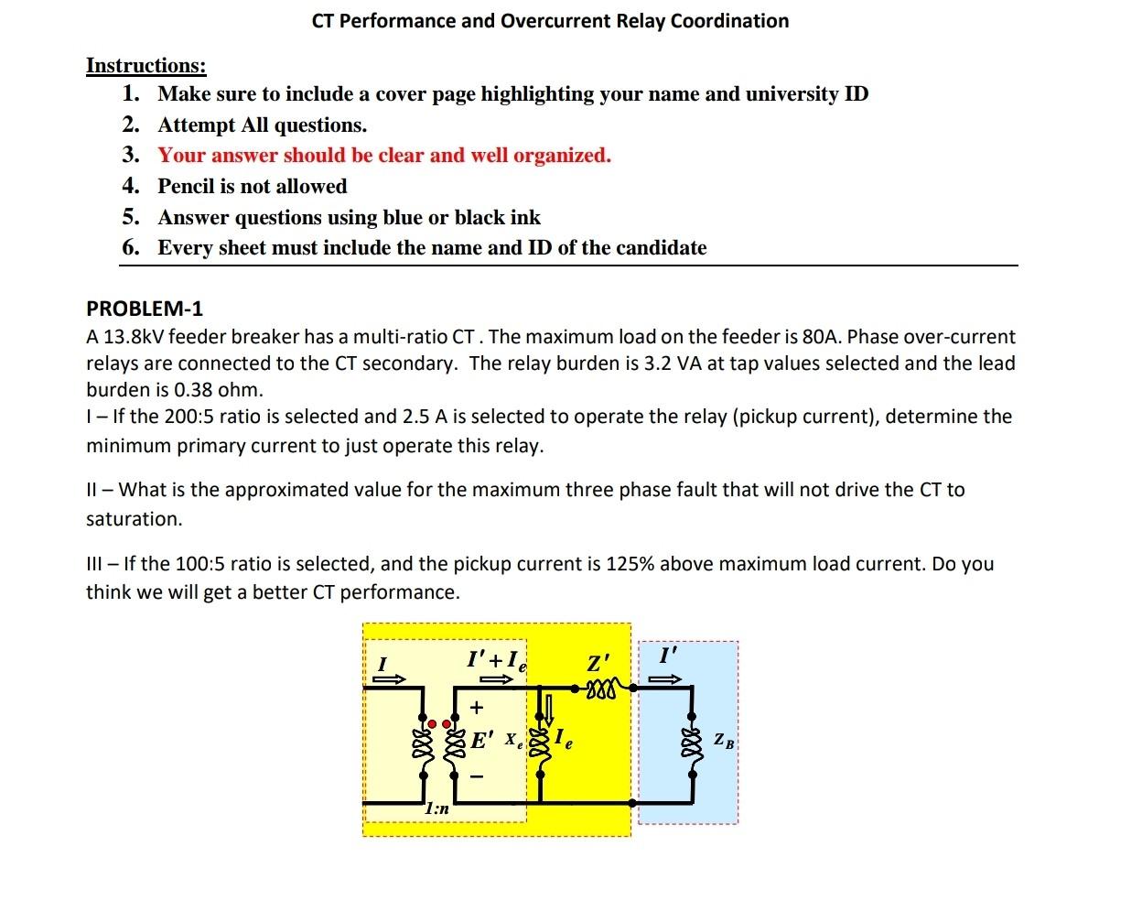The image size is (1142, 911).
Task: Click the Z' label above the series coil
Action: click(x=598, y=662)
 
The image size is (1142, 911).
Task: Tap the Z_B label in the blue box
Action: click(x=723, y=741)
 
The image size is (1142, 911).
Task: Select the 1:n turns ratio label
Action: click(x=437, y=809)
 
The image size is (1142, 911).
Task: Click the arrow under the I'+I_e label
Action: click(x=497, y=680)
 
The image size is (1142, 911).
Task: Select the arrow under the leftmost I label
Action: click(x=388, y=680)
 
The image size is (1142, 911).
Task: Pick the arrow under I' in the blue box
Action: click(x=666, y=679)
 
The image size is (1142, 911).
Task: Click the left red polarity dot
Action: click(x=434, y=723)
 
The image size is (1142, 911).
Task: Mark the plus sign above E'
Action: click(x=476, y=708)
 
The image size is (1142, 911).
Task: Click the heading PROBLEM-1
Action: click(x=145, y=309)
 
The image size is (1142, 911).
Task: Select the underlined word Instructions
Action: click(x=145, y=65)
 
